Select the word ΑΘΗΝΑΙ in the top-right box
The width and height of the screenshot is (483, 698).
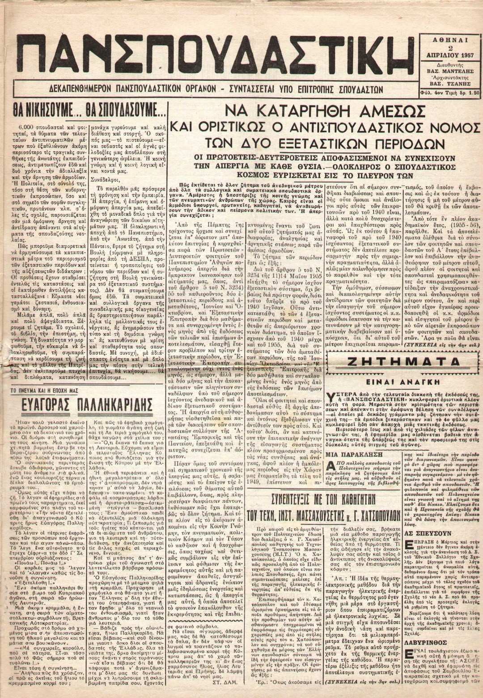tap(450, 40)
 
